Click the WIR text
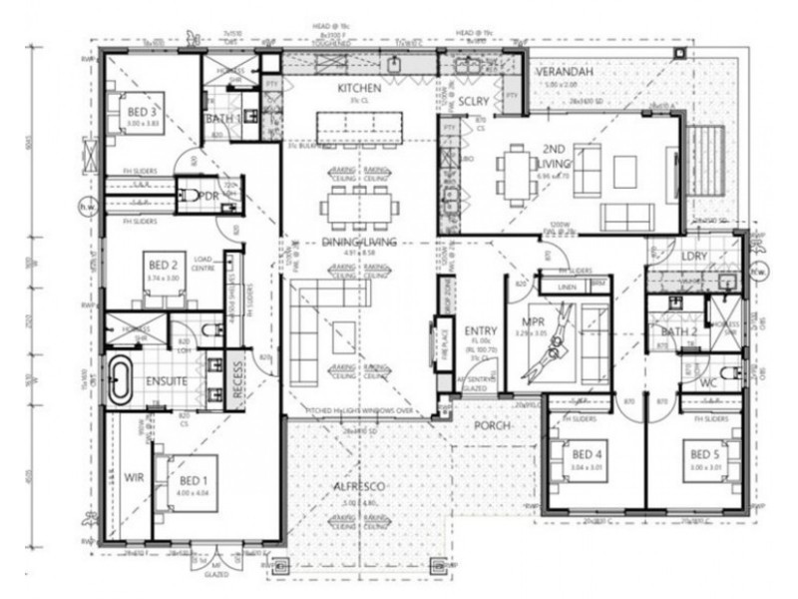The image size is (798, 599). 135,477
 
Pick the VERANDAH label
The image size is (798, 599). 564,74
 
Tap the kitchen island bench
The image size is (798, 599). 359,128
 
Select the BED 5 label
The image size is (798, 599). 704,454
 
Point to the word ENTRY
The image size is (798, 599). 481,330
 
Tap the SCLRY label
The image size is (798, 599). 474,102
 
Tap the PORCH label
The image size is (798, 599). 492,426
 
